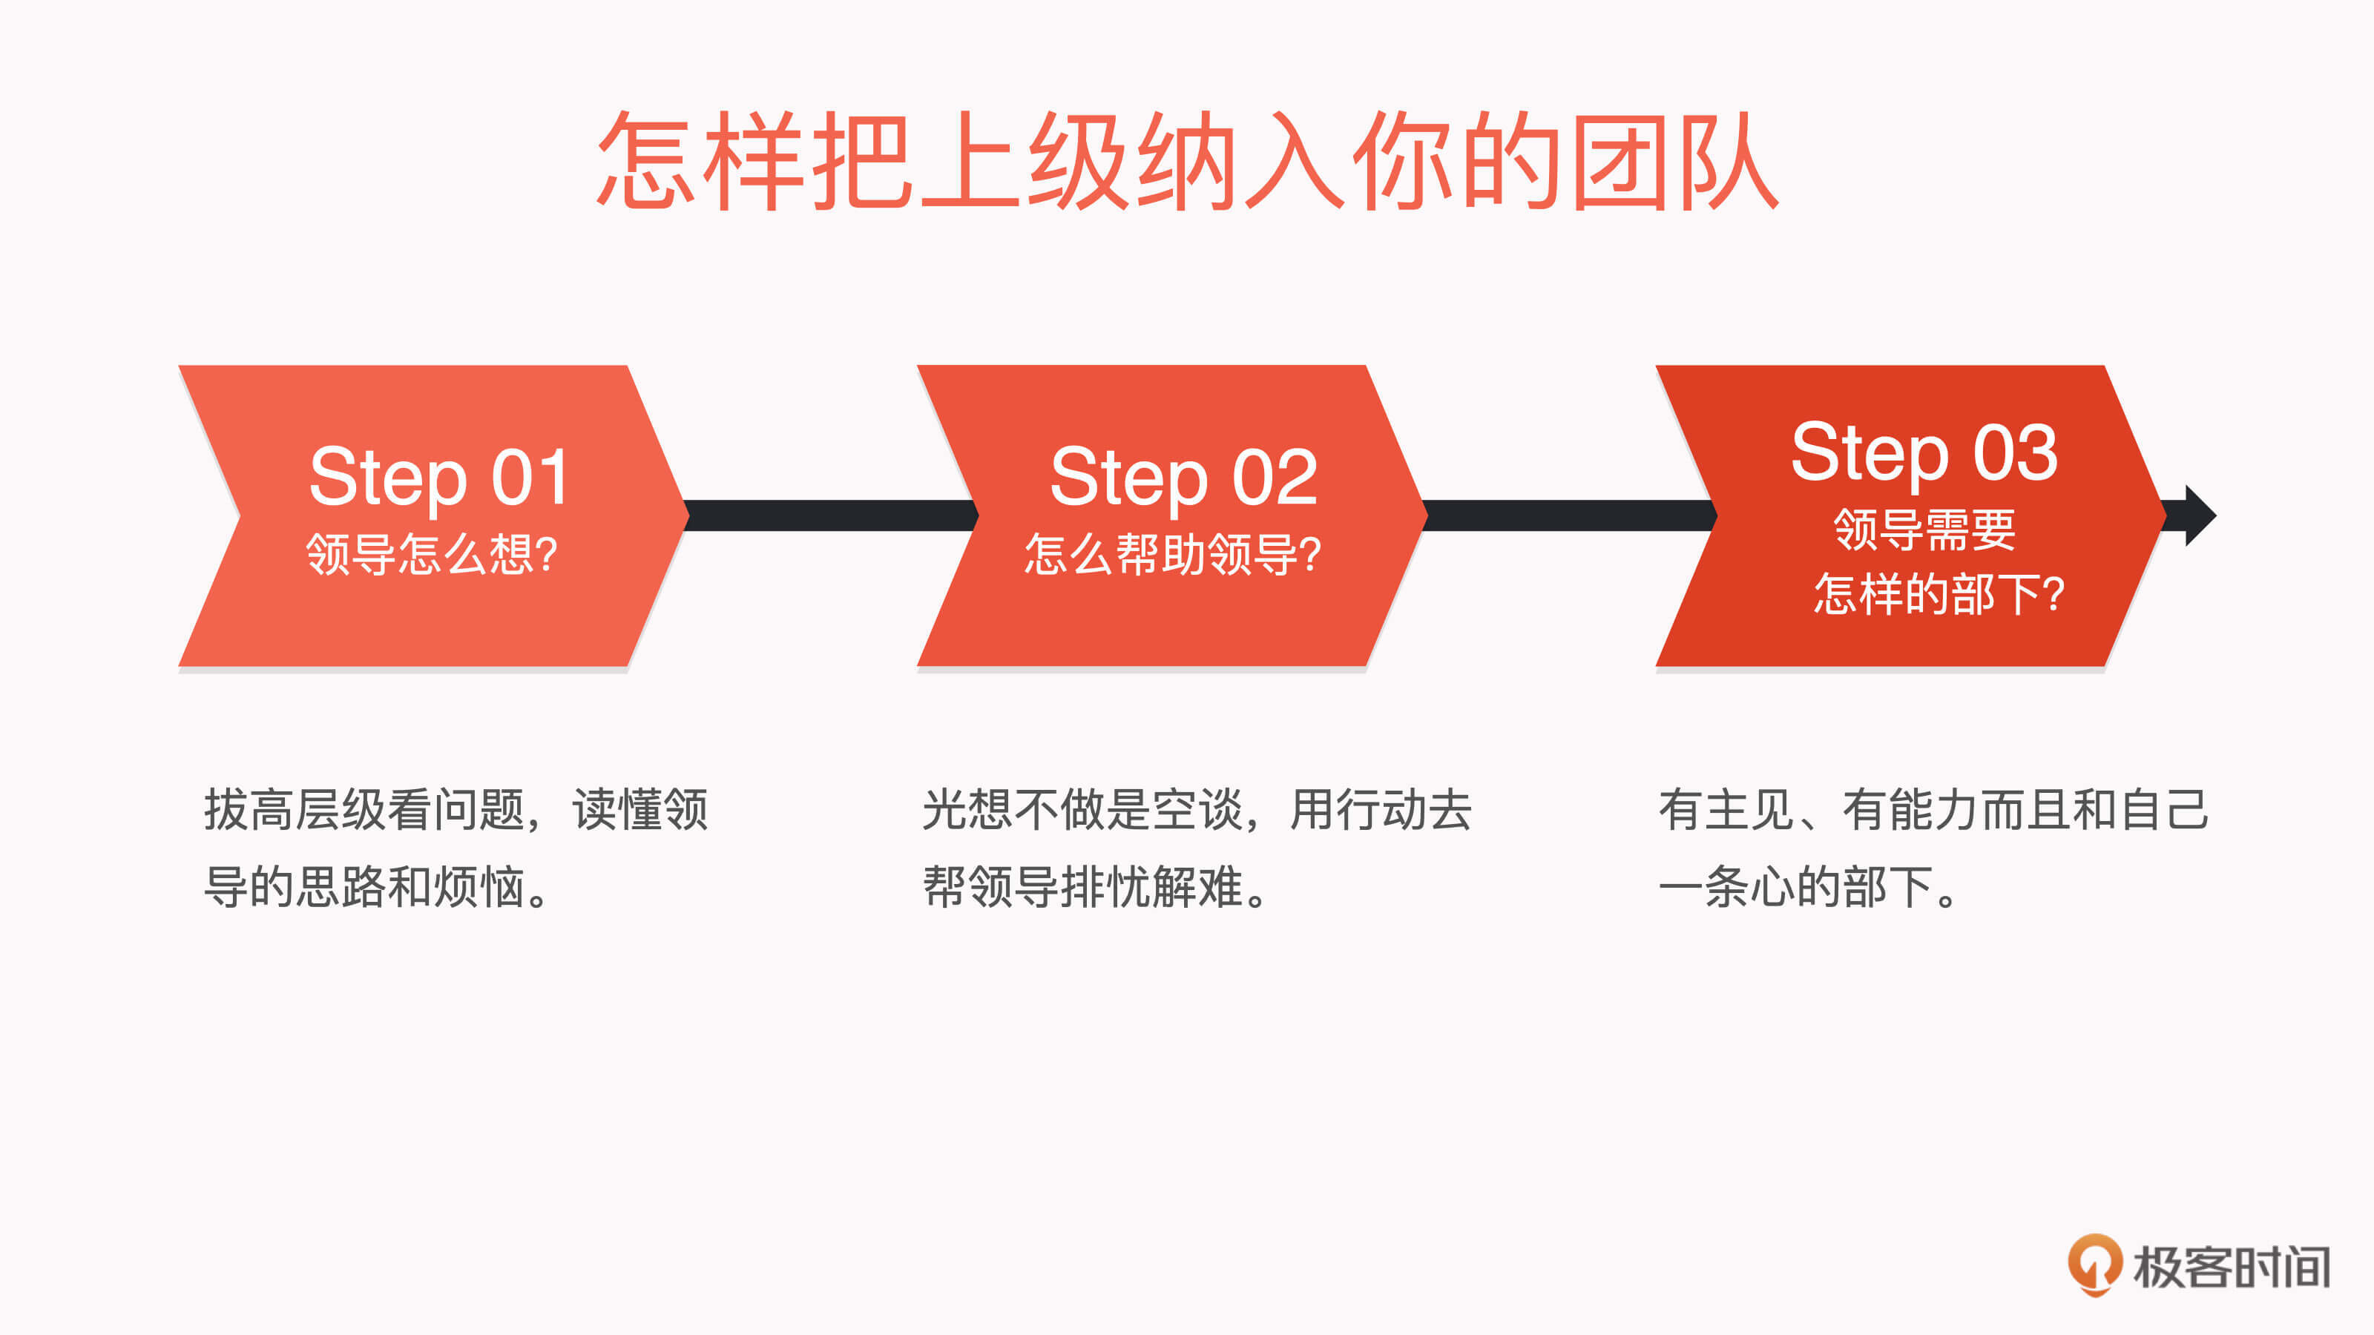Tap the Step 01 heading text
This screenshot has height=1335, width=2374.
pos(438,477)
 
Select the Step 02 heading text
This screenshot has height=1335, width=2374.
pos(1183,477)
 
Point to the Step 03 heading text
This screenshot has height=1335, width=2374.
pos(1924,452)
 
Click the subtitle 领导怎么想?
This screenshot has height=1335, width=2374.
pos(431,554)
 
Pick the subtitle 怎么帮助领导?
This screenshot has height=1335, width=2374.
pos(1173,554)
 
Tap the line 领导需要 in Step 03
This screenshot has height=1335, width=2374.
pos(1924,529)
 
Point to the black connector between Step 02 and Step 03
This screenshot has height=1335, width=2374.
pos(1571,516)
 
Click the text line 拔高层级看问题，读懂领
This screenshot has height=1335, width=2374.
pos(456,810)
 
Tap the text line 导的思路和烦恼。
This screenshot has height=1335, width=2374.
pos(378,887)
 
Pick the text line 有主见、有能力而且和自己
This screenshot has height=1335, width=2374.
pos(1933,810)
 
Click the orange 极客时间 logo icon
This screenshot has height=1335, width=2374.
pos(2095,1265)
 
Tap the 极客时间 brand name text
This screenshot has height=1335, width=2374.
pos(2231,1267)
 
